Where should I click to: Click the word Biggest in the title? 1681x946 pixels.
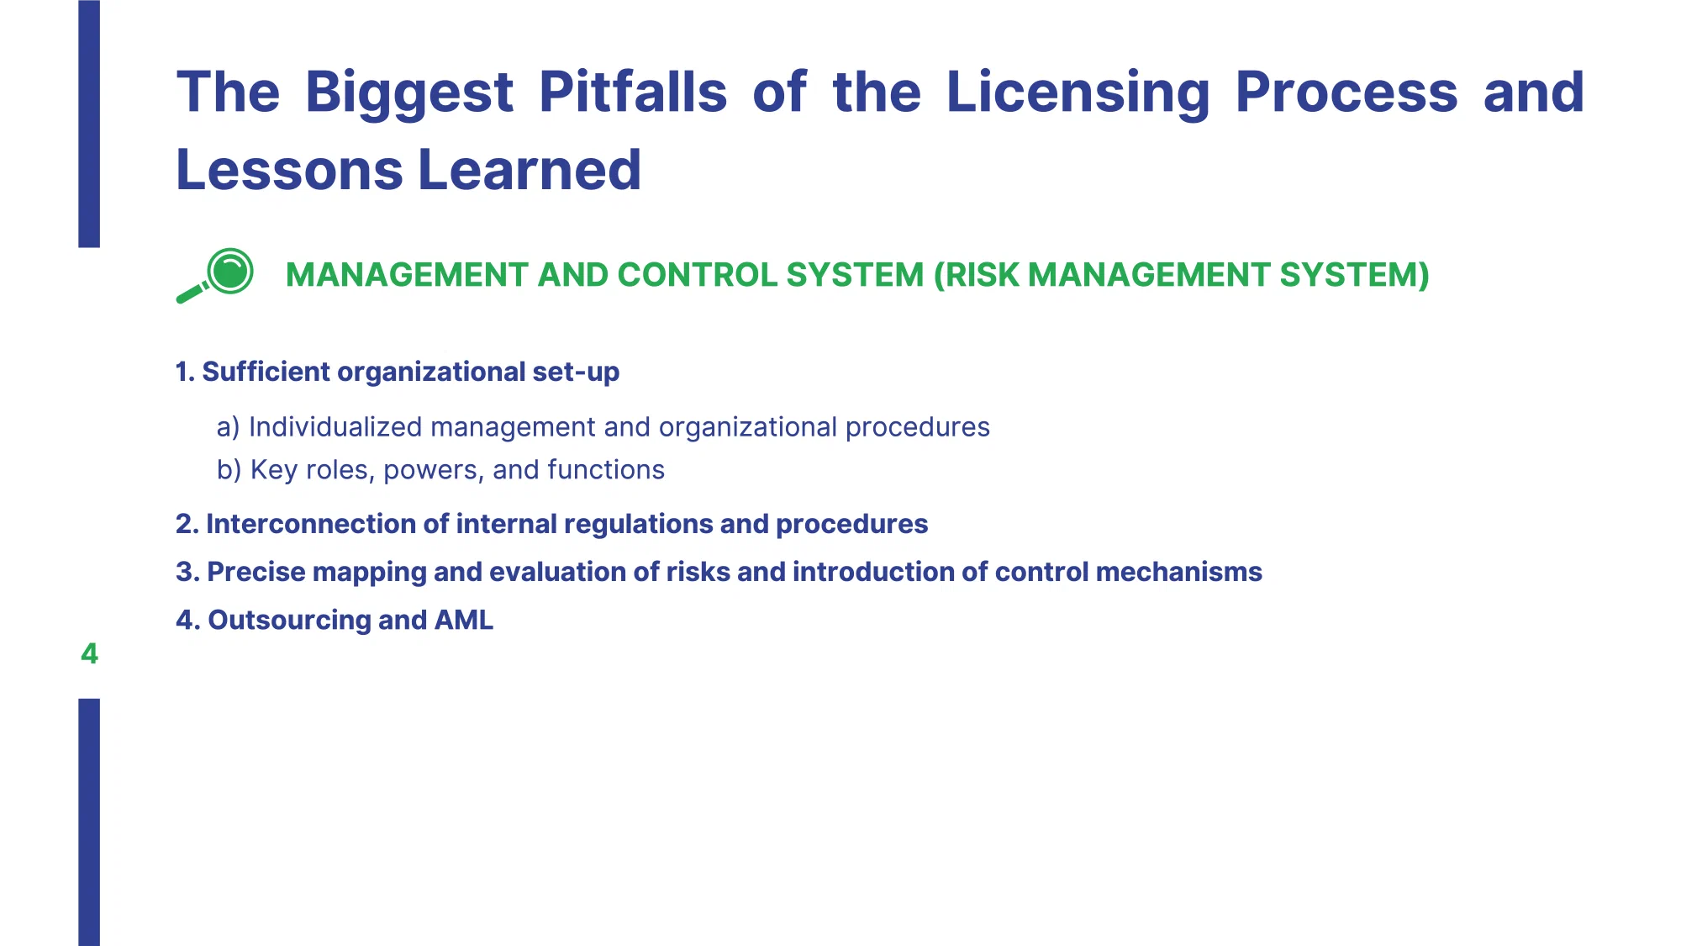408,92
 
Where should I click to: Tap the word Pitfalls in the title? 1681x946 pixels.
632,91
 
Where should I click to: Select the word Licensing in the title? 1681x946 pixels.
1078,92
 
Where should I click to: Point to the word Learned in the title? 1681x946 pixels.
530,170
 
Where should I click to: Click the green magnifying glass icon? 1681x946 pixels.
215,276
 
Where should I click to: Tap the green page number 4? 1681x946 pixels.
89,653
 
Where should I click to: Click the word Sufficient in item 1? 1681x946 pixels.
266,372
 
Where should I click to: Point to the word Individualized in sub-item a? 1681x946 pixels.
335,427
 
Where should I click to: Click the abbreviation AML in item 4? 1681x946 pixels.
464,620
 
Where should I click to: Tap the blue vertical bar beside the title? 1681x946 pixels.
89,124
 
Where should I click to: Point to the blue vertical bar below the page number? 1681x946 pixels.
89,822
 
